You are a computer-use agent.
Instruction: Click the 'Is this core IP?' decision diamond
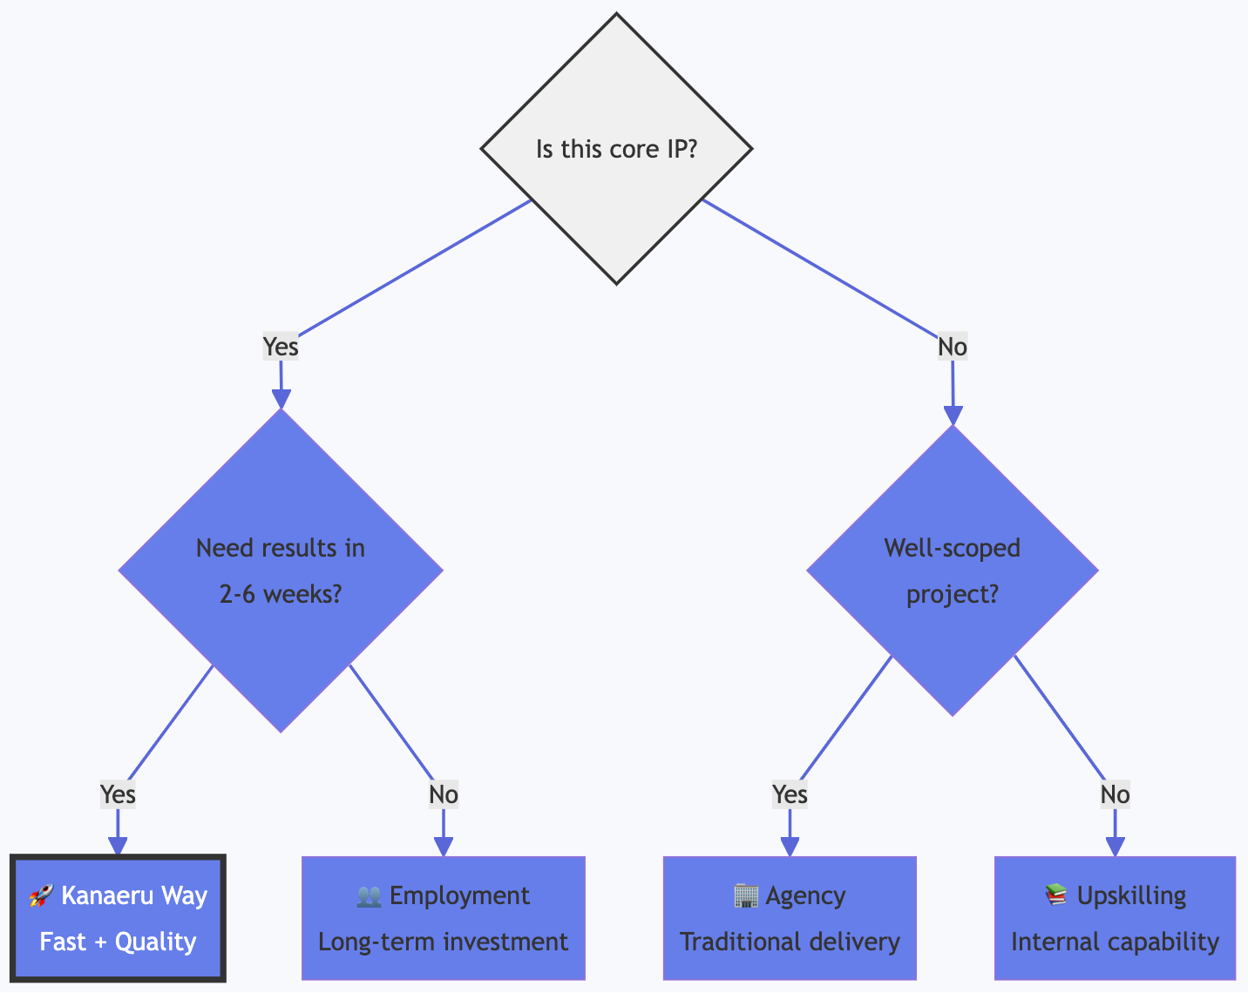pyautogui.click(x=616, y=148)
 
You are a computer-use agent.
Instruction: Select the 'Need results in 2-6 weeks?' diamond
pyautogui.click(x=280, y=571)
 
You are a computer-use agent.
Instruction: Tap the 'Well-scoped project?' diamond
pyautogui.click(x=952, y=571)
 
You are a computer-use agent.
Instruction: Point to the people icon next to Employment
pyautogui.click(x=370, y=896)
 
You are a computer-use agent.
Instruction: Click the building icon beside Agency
pyautogui.click(x=746, y=896)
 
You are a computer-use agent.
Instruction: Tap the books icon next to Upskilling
pyautogui.click(x=1056, y=896)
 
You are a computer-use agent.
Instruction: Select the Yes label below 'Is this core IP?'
pyautogui.click(x=281, y=347)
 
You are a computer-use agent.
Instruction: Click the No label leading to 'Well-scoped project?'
pyautogui.click(x=952, y=347)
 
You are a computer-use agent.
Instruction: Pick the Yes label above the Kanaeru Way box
pyautogui.click(x=118, y=794)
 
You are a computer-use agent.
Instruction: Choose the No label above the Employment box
pyautogui.click(x=444, y=794)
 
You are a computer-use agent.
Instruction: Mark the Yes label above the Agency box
pyautogui.click(x=790, y=794)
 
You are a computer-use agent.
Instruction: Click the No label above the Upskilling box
pyautogui.click(x=1115, y=794)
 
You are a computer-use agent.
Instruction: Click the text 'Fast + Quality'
pyautogui.click(x=118, y=942)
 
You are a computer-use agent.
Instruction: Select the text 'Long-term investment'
pyautogui.click(x=443, y=942)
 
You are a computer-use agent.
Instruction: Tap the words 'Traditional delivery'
pyautogui.click(x=790, y=942)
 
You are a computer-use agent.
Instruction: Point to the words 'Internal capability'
pyautogui.click(x=1115, y=942)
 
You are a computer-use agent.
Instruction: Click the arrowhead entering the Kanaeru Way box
pyautogui.click(x=118, y=847)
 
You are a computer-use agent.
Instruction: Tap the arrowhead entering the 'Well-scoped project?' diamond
pyautogui.click(x=953, y=415)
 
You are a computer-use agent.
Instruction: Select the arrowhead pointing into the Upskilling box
pyautogui.click(x=1115, y=847)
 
